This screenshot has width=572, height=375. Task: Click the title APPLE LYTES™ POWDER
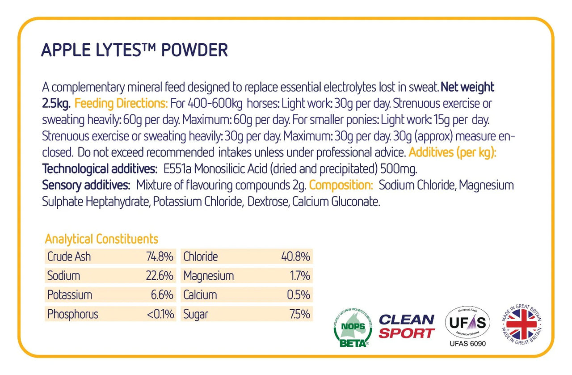tap(135, 50)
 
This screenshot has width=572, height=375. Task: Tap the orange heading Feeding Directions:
tap(121, 103)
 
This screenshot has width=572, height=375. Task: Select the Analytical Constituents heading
tap(101, 239)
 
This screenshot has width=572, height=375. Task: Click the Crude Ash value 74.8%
tap(160, 257)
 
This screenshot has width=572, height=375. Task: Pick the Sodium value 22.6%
tap(160, 276)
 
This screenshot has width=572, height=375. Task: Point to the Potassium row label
tap(70, 295)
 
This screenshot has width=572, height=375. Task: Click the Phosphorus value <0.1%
tap(160, 314)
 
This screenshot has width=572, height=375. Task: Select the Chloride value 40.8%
tap(296, 257)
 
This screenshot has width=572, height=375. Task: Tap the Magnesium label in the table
tap(208, 276)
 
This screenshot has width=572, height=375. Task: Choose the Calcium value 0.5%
tap(299, 295)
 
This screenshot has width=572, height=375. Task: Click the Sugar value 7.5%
tap(300, 314)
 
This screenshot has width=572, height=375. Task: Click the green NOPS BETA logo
tap(353, 327)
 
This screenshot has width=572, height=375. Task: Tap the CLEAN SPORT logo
tap(407, 326)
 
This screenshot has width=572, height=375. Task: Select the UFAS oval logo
tap(467, 322)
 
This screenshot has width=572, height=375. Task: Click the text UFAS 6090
tap(467, 344)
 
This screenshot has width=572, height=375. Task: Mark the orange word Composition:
tap(341, 185)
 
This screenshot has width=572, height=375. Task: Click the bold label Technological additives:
tap(100, 169)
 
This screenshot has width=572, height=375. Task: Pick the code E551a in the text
tap(177, 169)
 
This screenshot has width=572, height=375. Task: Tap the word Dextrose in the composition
tap(268, 202)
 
